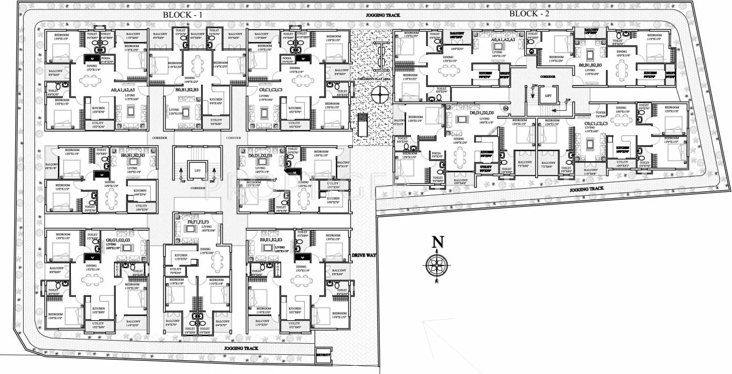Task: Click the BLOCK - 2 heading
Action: [x=529, y=14]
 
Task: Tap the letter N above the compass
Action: [x=437, y=241]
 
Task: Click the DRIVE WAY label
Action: [x=362, y=256]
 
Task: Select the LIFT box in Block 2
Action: [x=546, y=96]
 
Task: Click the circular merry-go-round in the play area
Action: [x=379, y=94]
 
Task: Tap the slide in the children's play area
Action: [x=363, y=127]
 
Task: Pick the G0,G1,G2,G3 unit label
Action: [x=118, y=240]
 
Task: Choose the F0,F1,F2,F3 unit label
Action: [x=198, y=222]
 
